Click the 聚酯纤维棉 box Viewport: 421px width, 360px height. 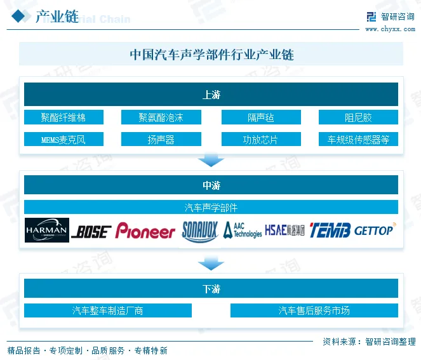point(63,117)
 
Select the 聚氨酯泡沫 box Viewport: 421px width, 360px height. point(161,117)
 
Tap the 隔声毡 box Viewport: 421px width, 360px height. point(260,117)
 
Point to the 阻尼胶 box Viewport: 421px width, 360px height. point(358,117)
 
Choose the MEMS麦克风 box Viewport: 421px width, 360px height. point(63,139)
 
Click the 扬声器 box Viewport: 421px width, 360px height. point(161,139)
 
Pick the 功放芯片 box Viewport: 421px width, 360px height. point(260,139)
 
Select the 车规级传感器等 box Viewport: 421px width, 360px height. point(358,139)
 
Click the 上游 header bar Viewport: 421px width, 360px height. point(211,95)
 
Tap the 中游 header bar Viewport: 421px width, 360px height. point(211,185)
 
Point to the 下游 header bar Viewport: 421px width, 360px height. point(211,289)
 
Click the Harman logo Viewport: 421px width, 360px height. point(47,230)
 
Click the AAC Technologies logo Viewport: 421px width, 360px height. point(241,230)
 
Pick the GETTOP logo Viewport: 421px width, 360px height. point(374,230)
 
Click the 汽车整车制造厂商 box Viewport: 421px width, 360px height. point(108,310)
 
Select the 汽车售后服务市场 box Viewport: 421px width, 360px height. point(314,310)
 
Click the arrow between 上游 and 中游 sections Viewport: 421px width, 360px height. point(211,159)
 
